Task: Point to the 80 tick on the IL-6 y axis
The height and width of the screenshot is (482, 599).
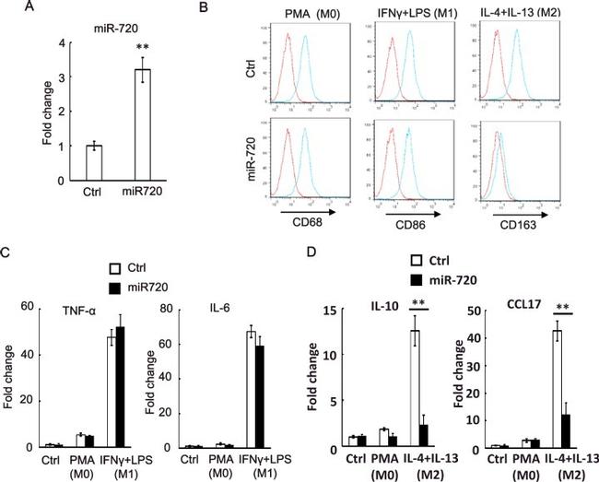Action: tap(186, 306)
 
